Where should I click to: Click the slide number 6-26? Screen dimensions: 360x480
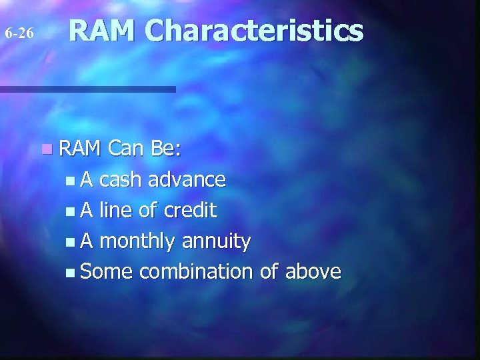(x=19, y=33)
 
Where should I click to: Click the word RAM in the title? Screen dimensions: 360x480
(x=103, y=31)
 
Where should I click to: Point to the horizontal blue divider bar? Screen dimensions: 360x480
(x=87, y=89)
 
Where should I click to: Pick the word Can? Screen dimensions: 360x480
(x=127, y=149)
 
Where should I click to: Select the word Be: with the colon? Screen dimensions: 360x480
(x=166, y=149)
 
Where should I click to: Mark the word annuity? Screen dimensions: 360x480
(x=219, y=242)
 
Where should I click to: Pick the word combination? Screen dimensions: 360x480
(x=196, y=272)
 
